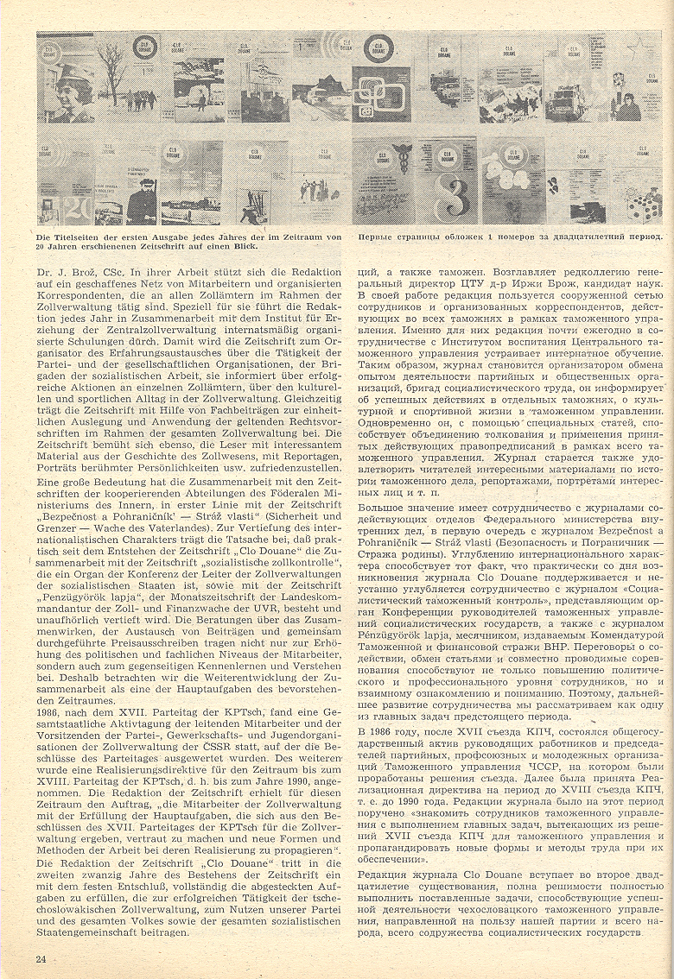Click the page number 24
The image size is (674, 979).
pyautogui.click(x=41, y=959)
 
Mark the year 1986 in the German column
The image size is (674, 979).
pyautogui.click(x=50, y=751)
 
